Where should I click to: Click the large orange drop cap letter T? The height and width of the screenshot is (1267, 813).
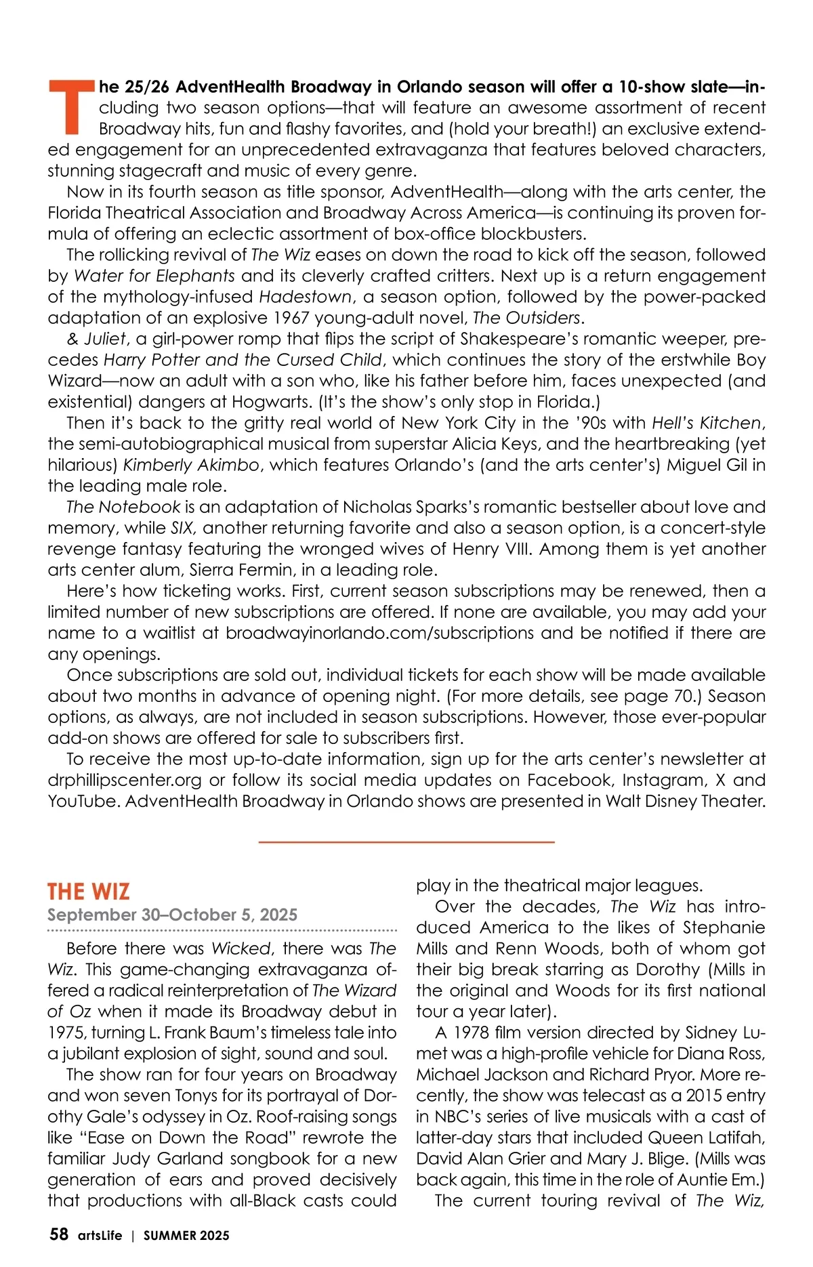coord(69,106)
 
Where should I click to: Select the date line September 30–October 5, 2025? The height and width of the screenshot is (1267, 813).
coord(172,915)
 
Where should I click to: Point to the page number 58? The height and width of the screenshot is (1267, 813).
coord(59,1234)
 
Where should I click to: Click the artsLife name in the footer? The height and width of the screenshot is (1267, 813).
coord(100,1236)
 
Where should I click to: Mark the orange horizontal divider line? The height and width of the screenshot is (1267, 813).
coord(406,842)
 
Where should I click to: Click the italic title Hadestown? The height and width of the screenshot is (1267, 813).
coord(306,297)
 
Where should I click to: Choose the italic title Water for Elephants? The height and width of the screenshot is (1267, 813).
coord(154,276)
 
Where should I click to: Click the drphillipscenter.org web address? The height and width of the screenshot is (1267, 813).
coord(125,780)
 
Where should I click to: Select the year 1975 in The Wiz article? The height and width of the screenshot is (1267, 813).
coord(66,1033)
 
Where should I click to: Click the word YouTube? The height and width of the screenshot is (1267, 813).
coord(83,801)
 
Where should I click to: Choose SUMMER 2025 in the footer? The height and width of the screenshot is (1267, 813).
coord(186,1236)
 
